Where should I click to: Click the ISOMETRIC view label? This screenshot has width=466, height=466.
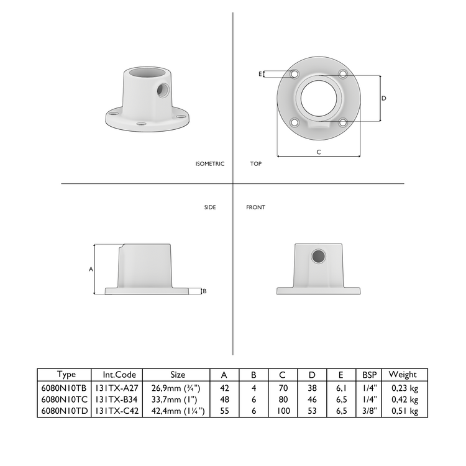click(209, 164)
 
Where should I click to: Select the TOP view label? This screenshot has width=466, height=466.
click(255, 164)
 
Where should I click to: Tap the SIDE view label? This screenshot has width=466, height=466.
click(210, 207)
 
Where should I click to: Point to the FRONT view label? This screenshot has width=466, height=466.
click(255, 207)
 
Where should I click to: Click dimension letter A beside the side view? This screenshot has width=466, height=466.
click(91, 269)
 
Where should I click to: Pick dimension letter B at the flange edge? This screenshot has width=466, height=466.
click(205, 291)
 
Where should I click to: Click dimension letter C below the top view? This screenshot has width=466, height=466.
click(319, 152)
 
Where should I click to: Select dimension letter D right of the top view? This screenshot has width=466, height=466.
click(383, 98)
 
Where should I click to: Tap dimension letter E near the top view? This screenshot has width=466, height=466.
click(260, 74)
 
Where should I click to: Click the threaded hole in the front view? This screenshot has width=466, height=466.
click(318, 256)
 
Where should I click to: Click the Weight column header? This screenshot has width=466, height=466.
click(403, 374)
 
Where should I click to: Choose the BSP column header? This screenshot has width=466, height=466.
click(369, 374)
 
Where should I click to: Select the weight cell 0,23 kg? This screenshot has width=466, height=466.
click(404, 388)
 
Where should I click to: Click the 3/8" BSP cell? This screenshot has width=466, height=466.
click(369, 411)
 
